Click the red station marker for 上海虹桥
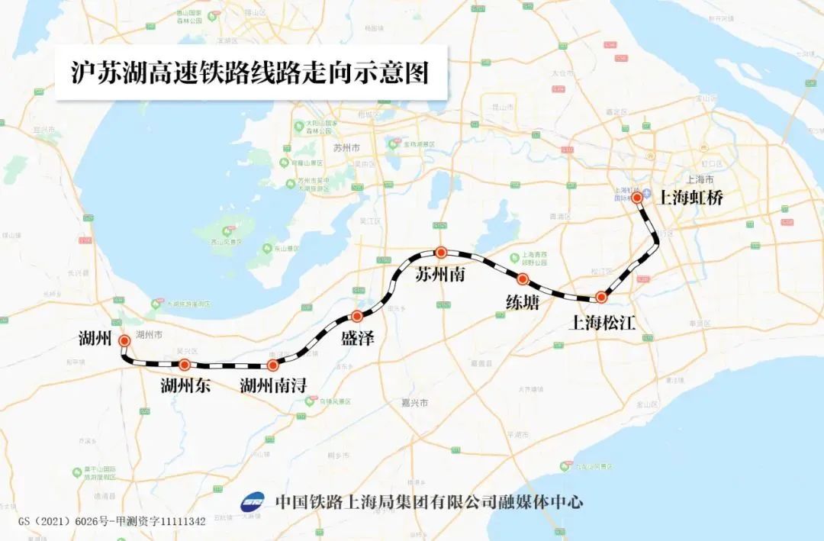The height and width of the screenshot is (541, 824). [637, 198]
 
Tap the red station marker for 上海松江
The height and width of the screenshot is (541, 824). [601, 297]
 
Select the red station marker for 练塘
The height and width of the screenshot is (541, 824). [523, 279]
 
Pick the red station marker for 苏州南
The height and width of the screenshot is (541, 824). [440, 252]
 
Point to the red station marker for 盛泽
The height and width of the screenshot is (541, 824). [356, 316]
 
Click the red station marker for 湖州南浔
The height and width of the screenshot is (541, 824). [272, 365]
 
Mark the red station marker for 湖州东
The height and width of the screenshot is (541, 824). [184, 365]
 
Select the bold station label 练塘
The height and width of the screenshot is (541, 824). [523, 303]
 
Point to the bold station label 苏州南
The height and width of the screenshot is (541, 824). [439, 275]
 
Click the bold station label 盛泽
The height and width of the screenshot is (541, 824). [358, 339]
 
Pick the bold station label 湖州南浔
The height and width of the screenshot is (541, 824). [272, 386]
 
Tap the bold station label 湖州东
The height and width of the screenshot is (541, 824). [185, 386]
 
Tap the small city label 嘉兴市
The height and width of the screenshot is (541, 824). [415, 402]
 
